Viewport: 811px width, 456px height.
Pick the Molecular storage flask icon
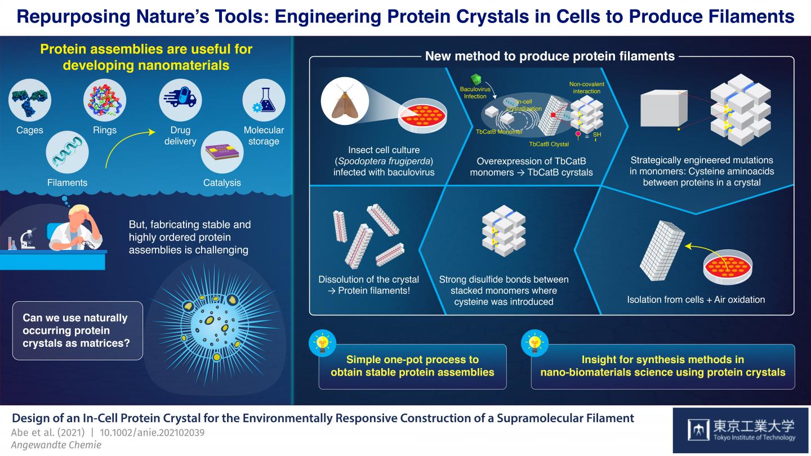(x=264, y=100)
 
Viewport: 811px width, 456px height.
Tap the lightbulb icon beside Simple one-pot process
(x=323, y=343)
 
